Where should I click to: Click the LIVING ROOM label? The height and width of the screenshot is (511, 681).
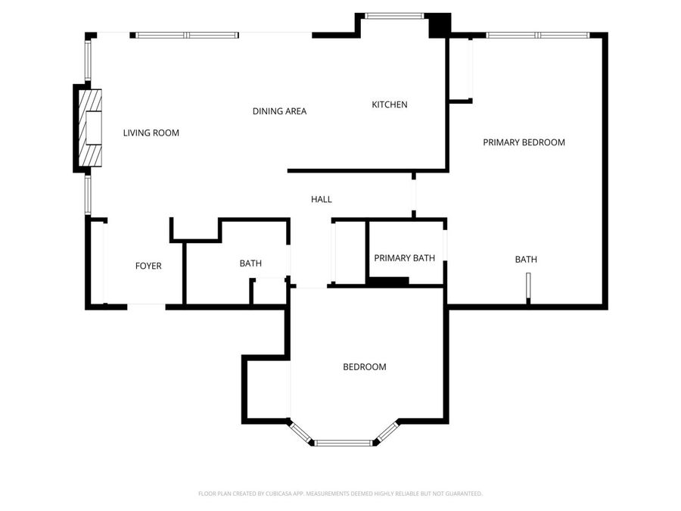coord(151,133)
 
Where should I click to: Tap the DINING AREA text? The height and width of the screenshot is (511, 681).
coord(279,111)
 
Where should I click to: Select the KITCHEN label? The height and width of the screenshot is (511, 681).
coord(390,104)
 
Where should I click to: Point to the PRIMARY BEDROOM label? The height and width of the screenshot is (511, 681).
coord(524,142)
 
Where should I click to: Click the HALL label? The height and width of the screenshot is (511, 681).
coord(322,199)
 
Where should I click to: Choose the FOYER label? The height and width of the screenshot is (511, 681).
coord(148,266)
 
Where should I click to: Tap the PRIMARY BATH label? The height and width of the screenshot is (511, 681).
coord(404,258)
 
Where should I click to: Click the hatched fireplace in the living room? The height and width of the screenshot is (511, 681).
coord(90,128)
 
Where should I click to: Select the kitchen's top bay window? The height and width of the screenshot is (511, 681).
coord(394,16)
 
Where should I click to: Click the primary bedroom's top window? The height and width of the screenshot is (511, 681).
coord(538,35)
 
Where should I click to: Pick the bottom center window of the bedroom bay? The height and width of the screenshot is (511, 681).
coord(344,443)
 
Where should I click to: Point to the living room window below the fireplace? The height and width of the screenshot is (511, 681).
coord(88,195)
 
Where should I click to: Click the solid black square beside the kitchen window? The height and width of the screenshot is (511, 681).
coord(440,25)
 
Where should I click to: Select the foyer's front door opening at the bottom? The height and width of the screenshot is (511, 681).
coord(146,307)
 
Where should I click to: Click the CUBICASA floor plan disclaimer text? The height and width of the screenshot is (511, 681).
coord(340,494)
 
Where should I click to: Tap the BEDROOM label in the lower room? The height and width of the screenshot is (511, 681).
coord(365,367)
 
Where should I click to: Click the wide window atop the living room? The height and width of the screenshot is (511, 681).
coord(187,35)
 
